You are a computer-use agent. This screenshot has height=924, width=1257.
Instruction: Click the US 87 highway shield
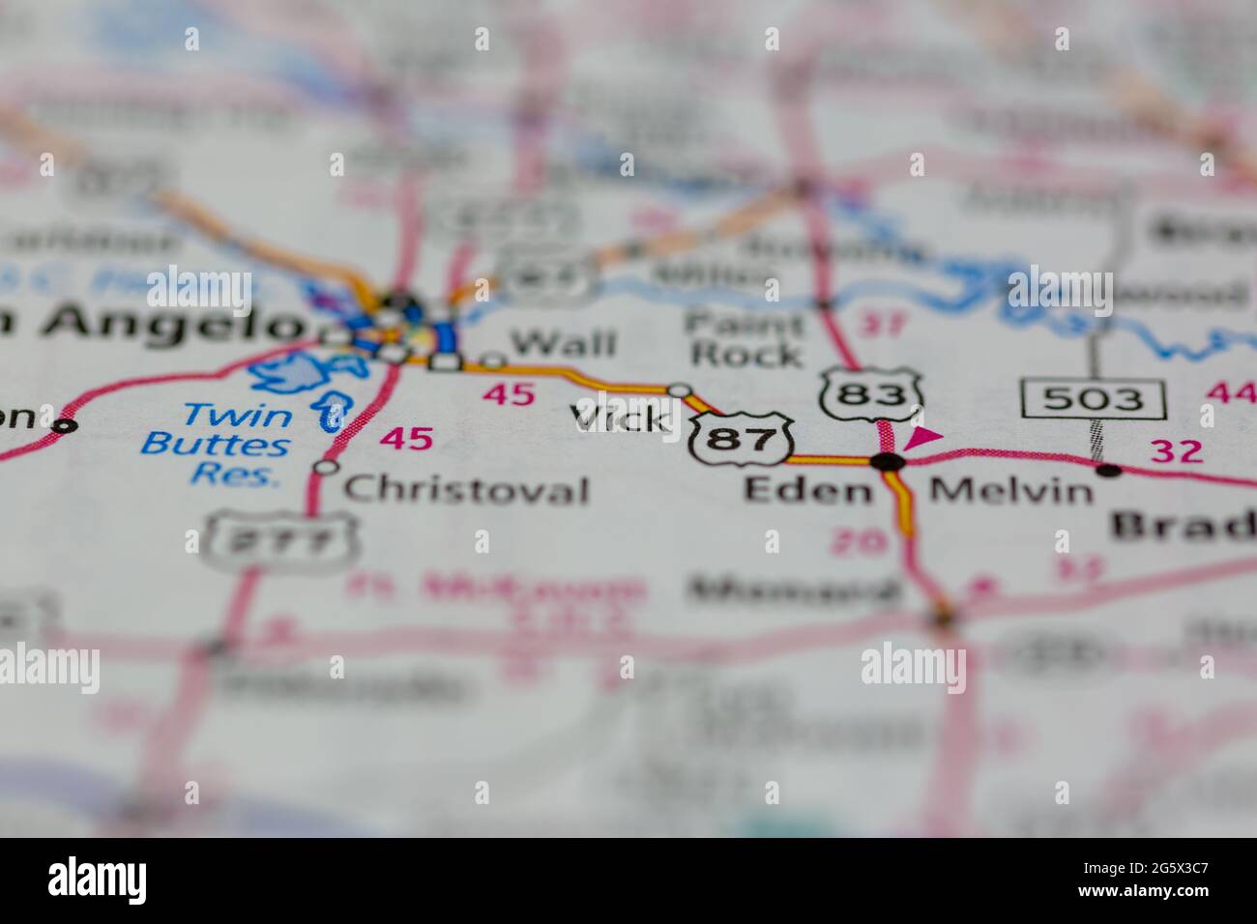(x=743, y=440)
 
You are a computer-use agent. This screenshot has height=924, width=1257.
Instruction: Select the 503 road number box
(x=1093, y=398)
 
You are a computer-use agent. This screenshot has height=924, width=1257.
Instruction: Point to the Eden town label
(x=807, y=490)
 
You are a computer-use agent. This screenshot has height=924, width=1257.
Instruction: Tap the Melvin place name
(x=1010, y=491)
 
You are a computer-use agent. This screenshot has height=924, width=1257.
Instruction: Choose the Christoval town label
(x=466, y=490)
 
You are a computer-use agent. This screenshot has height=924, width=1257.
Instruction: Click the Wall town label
(x=563, y=342)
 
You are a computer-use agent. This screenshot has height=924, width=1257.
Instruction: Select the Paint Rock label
(x=745, y=338)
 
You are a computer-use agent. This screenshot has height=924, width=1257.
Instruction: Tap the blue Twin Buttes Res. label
(x=217, y=445)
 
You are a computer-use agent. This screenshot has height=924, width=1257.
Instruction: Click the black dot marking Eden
(x=888, y=462)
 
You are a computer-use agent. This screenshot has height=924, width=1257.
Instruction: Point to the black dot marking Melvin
(x=1109, y=471)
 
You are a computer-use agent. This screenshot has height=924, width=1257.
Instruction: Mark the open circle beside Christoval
(x=328, y=468)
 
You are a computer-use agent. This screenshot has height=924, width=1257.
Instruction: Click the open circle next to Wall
(x=493, y=361)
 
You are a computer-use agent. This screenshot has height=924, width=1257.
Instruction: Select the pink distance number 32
(x=1176, y=450)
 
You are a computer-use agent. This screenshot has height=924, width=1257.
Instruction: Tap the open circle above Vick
(x=681, y=390)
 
